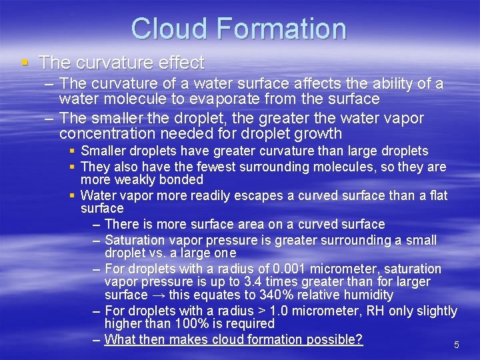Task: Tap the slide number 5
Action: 457,345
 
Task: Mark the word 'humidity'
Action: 366,295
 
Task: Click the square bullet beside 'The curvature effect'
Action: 25,63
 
